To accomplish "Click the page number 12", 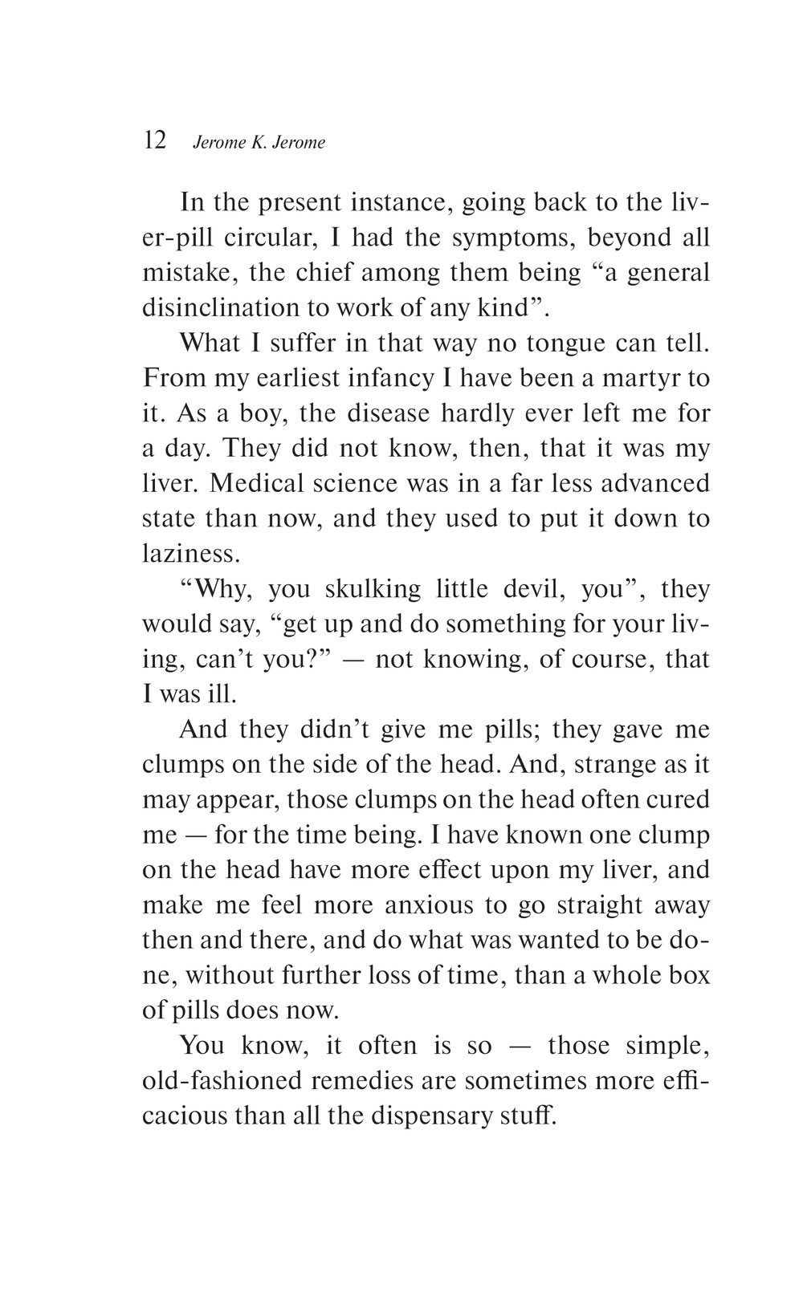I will (154, 141).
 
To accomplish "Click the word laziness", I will (190, 554).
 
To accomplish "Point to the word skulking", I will (373, 589).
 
